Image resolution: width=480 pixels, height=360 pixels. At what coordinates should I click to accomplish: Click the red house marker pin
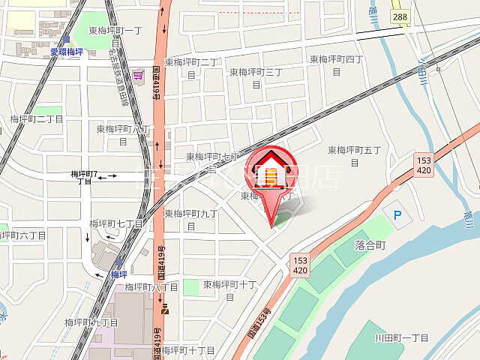pyautogui.click(x=271, y=169)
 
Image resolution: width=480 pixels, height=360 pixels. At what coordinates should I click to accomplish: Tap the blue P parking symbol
pyautogui.click(x=397, y=215)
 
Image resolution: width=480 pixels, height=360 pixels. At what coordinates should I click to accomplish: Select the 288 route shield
pyautogui.click(x=400, y=16)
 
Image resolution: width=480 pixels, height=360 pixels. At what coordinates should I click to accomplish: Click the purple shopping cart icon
pyautogui.click(x=138, y=75)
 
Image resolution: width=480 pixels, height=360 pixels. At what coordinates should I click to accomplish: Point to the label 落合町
pyautogui.click(x=369, y=245)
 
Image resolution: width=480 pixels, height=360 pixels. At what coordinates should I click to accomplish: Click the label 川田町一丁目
pyautogui.click(x=401, y=338)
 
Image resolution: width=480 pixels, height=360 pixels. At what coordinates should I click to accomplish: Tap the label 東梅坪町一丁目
pyautogui.click(x=115, y=31)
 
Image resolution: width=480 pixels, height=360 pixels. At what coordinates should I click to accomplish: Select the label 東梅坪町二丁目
pyautogui.click(x=191, y=67)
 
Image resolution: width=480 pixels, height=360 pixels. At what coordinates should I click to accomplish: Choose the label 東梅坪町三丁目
pyautogui.click(x=255, y=77)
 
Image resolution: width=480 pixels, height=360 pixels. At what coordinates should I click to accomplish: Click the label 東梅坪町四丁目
pyautogui.click(x=336, y=64)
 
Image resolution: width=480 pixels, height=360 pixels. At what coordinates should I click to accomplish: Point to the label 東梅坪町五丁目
pyautogui.click(x=354, y=154)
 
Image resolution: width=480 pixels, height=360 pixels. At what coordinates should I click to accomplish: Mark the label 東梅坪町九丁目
pyautogui.click(x=191, y=218)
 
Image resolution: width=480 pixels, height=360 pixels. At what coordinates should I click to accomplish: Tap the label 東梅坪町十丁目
pyautogui.click(x=230, y=290)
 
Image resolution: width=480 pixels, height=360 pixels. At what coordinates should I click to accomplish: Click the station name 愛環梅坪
pyautogui.click(x=67, y=52)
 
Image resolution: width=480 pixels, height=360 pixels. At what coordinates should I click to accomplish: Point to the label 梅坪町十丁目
pyautogui.click(x=187, y=350)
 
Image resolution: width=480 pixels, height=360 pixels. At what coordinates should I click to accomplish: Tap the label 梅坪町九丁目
pyautogui.click(x=91, y=322)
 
